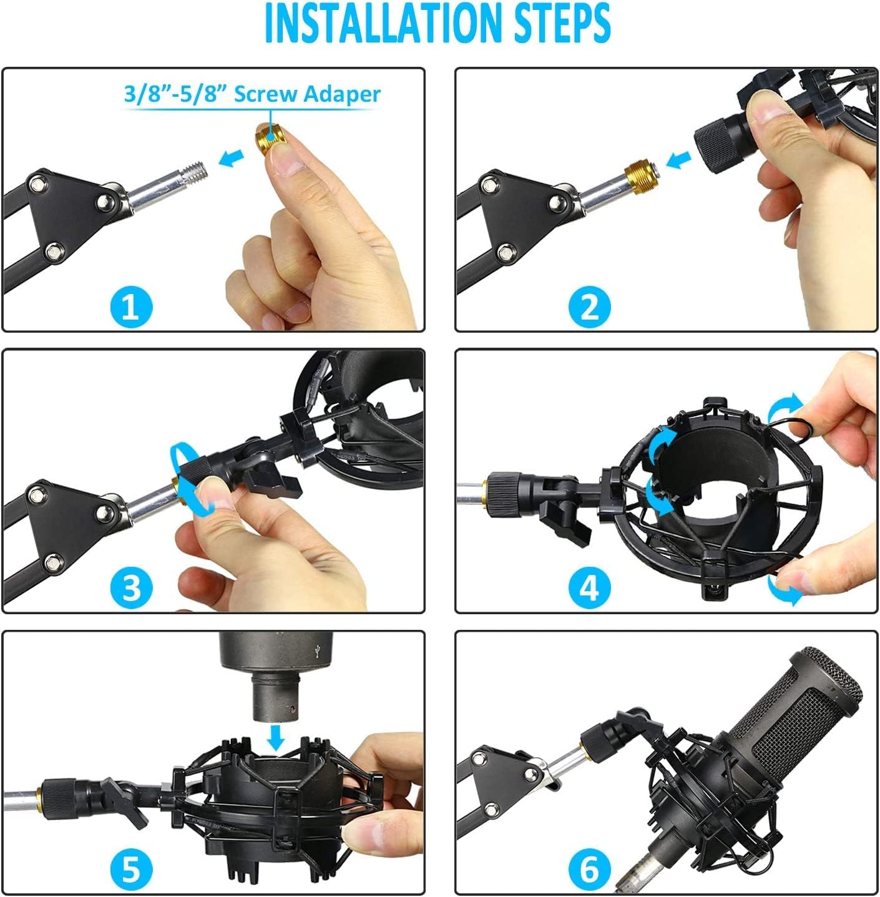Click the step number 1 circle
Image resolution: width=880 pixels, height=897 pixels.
(x=131, y=308)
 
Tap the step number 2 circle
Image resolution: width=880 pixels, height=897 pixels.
(x=589, y=308)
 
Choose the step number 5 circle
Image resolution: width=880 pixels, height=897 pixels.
(x=131, y=869)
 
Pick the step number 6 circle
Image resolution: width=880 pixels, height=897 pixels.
(x=589, y=869)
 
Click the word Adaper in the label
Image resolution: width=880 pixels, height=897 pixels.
(x=342, y=95)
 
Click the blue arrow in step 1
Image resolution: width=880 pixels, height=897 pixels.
(x=231, y=159)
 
